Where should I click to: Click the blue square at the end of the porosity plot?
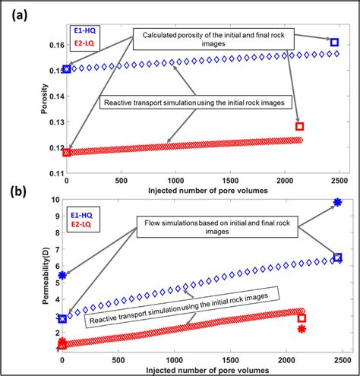[335, 42]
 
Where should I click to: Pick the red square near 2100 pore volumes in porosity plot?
[299, 126]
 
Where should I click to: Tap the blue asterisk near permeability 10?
[337, 202]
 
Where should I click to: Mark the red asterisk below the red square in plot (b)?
[302, 329]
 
